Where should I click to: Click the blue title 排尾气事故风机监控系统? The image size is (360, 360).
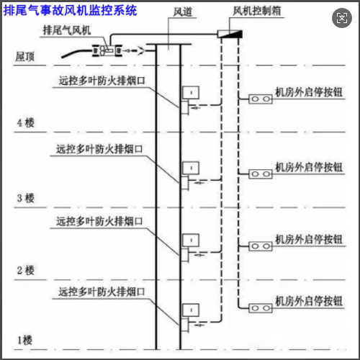pos(70,11)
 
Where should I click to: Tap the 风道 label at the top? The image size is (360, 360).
pos(183,12)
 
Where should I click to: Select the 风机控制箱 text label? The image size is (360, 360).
pos(257,11)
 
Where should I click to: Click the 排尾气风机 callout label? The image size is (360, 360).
pos(67,30)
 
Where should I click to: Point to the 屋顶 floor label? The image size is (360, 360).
pos(25,57)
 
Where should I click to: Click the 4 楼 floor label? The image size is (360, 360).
pos(26,123)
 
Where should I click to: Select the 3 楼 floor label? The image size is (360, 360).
pos(26,198)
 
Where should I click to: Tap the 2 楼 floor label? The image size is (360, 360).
pos(26,271)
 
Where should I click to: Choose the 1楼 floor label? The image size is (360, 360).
pos(24,341)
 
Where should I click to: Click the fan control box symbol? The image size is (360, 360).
pos(230,34)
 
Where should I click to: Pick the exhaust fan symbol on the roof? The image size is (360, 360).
pos(107,50)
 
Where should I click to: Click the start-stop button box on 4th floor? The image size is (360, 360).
pos(261,99)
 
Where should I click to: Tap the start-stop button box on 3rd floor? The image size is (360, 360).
pos(261,174)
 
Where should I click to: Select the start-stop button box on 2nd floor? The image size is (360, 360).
pos(261,246)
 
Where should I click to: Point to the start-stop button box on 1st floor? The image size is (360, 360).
pos(261,308)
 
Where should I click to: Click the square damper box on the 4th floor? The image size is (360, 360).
pos(191,92)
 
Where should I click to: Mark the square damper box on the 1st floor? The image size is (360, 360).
pos(191,310)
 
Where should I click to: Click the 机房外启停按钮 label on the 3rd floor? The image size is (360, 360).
pos(309,167)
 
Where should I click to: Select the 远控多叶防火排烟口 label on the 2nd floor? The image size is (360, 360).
pos(99,221)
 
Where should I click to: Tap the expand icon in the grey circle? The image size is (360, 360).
pos(342,18)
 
